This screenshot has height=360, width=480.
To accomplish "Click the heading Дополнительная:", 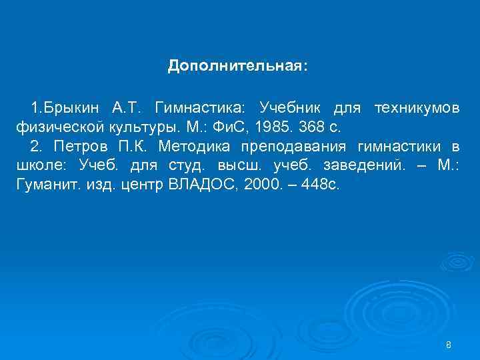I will (238, 67).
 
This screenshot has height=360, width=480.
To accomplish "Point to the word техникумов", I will (417, 107).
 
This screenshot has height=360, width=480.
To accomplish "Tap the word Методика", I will (193, 147).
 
